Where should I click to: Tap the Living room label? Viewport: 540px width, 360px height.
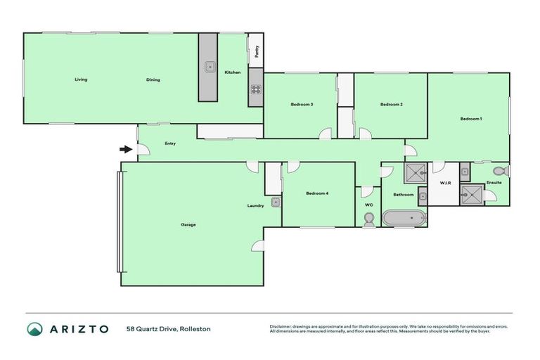coord(81,79)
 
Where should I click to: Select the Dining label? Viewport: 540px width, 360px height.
coord(153,79)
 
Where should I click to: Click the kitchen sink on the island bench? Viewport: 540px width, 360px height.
coord(209,67)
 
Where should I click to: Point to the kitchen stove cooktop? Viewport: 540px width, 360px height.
coord(255,89)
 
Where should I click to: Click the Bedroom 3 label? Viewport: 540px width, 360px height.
coord(302,105)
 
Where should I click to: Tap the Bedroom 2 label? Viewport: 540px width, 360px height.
coord(391,105)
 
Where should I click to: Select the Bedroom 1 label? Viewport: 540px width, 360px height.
coord(471,119)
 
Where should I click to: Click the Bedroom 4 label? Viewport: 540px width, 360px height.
coord(317,193)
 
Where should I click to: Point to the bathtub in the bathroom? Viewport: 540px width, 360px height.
coord(404,218)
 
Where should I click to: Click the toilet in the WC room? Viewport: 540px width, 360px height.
coord(368,219)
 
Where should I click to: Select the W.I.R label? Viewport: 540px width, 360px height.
coord(444,183)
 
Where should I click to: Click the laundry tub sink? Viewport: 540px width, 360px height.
coord(276,202)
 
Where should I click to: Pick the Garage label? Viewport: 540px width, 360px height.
coord(188,224)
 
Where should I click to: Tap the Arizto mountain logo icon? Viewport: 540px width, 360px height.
coord(34,328)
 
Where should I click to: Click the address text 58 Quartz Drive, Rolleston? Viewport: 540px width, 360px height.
coord(168,328)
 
